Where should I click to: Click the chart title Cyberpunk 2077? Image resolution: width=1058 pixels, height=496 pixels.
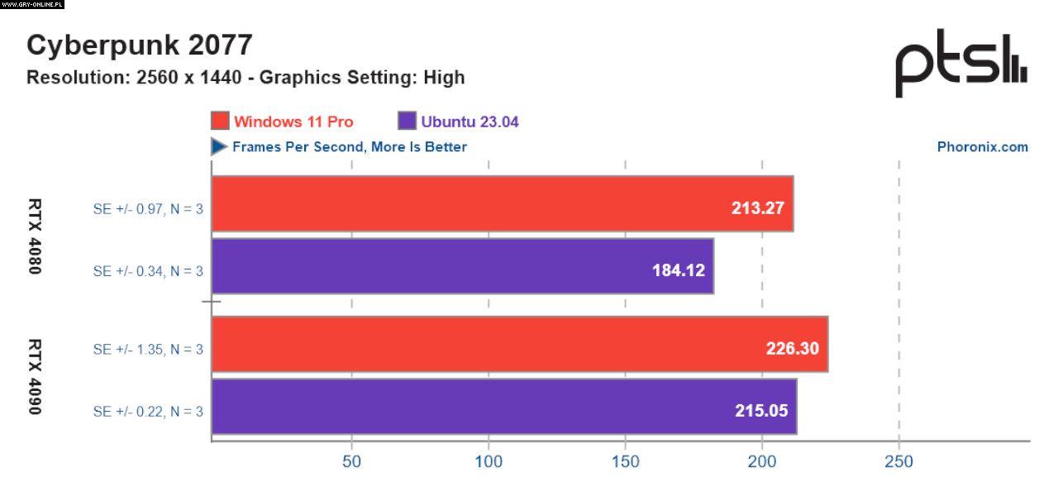coord(139,45)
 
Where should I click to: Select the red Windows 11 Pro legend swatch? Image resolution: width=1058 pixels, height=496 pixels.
coord(220,121)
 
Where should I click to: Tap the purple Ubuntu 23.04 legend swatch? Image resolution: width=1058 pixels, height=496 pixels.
coord(407,121)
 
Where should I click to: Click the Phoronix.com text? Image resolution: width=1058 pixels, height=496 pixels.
coord(982,146)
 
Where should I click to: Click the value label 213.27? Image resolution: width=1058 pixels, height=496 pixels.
coord(757,207)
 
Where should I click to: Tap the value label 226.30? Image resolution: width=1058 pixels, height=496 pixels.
coord(792,348)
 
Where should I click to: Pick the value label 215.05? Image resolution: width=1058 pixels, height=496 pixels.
coord(760,410)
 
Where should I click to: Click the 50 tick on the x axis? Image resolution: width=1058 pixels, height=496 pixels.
coord(352,461)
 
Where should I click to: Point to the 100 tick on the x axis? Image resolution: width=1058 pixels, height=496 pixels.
coord(488,461)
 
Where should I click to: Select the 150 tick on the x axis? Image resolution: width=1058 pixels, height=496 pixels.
coord(626,461)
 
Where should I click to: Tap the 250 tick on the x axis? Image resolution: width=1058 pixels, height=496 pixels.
coord(898,461)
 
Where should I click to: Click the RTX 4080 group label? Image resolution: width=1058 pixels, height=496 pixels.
coord(36,236)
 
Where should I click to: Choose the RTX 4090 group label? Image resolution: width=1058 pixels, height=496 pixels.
coord(36,376)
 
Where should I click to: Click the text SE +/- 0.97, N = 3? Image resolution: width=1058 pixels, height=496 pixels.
coord(148,208)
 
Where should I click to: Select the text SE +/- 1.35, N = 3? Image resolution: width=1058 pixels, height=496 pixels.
coord(148,349)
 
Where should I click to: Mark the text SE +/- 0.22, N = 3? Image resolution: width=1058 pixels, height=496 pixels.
coord(148,411)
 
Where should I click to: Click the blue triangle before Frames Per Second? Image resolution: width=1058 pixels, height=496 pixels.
coord(219,146)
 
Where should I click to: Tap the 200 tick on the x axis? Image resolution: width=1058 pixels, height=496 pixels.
coord(762,461)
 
